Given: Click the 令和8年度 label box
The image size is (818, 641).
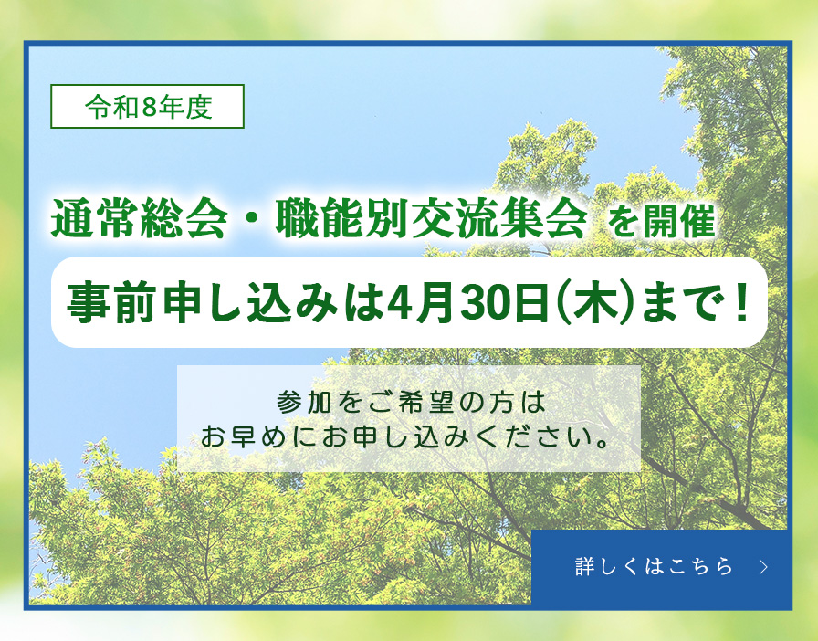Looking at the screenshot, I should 148,107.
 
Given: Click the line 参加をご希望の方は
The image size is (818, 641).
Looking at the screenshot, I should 409,402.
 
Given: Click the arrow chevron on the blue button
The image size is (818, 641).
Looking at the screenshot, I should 763,567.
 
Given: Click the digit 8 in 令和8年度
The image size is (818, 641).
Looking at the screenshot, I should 150,108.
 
